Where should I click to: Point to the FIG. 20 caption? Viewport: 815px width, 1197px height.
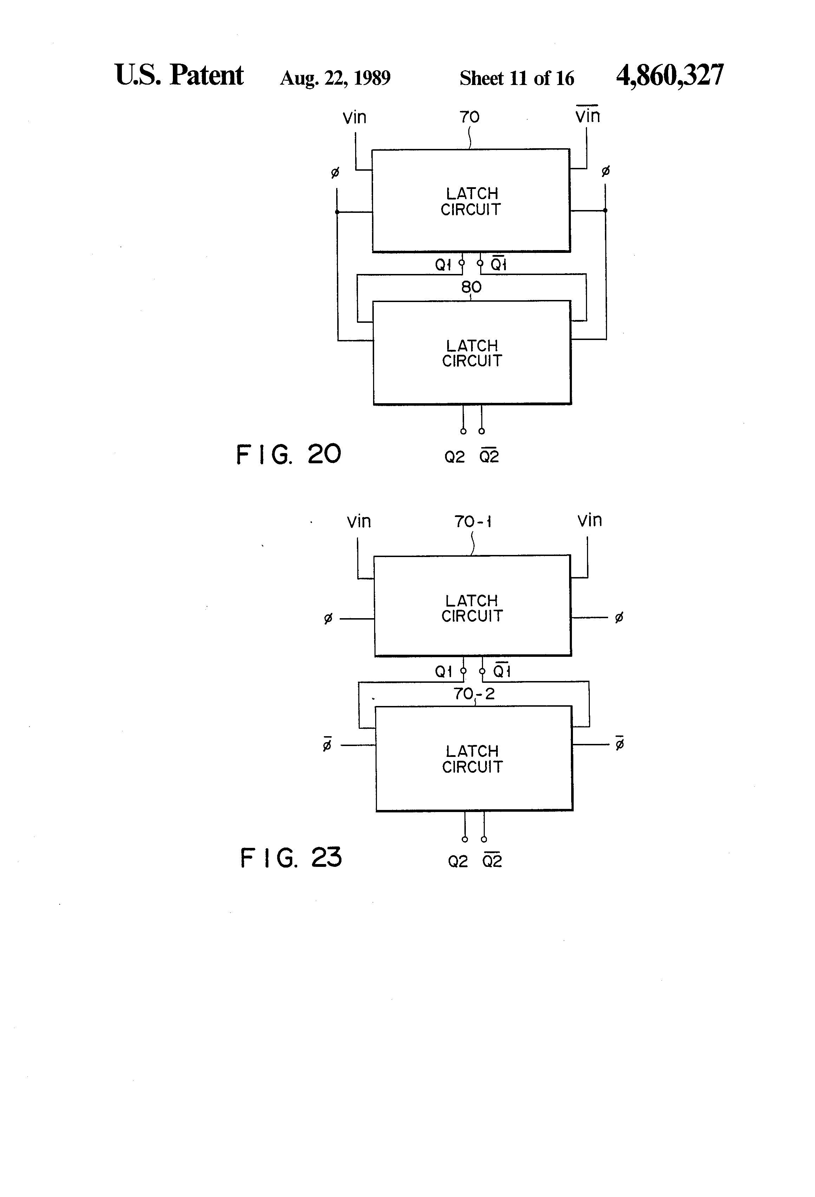[288, 454]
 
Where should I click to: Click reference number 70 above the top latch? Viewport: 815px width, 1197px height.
[469, 117]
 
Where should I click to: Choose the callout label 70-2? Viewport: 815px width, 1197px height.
[474, 694]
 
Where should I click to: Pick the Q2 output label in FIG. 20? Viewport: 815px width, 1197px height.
[454, 457]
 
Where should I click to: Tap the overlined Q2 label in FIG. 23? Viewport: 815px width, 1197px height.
[492, 859]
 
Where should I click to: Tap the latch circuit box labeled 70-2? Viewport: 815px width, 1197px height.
[474, 759]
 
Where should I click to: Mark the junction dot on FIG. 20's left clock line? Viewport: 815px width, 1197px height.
[337, 212]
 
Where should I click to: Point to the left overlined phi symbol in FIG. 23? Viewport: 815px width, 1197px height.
[327, 743]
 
